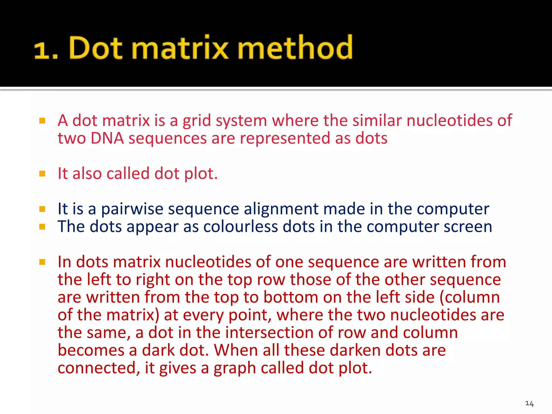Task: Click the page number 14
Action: [x=529, y=403]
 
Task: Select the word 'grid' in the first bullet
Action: [x=197, y=120]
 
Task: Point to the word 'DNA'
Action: [x=107, y=138]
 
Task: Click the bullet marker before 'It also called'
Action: [x=42, y=173]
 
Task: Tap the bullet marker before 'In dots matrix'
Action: [x=42, y=262]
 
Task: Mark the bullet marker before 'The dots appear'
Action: [x=42, y=227]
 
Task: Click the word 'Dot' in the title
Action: [x=96, y=48]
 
